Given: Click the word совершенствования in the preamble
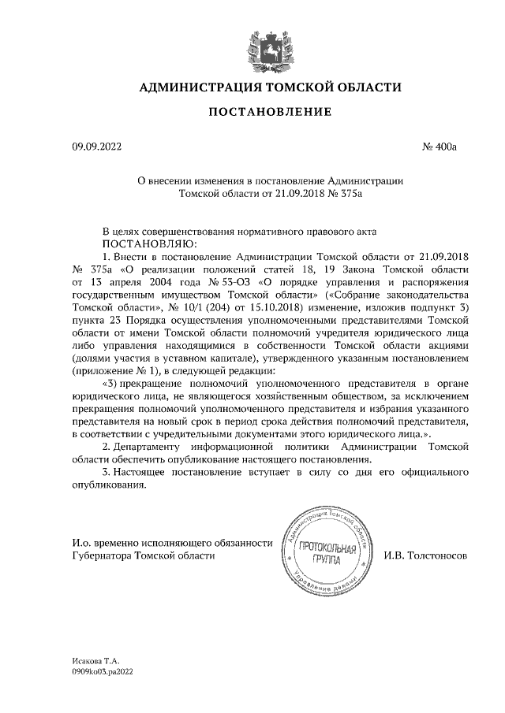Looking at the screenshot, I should click(195, 232).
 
